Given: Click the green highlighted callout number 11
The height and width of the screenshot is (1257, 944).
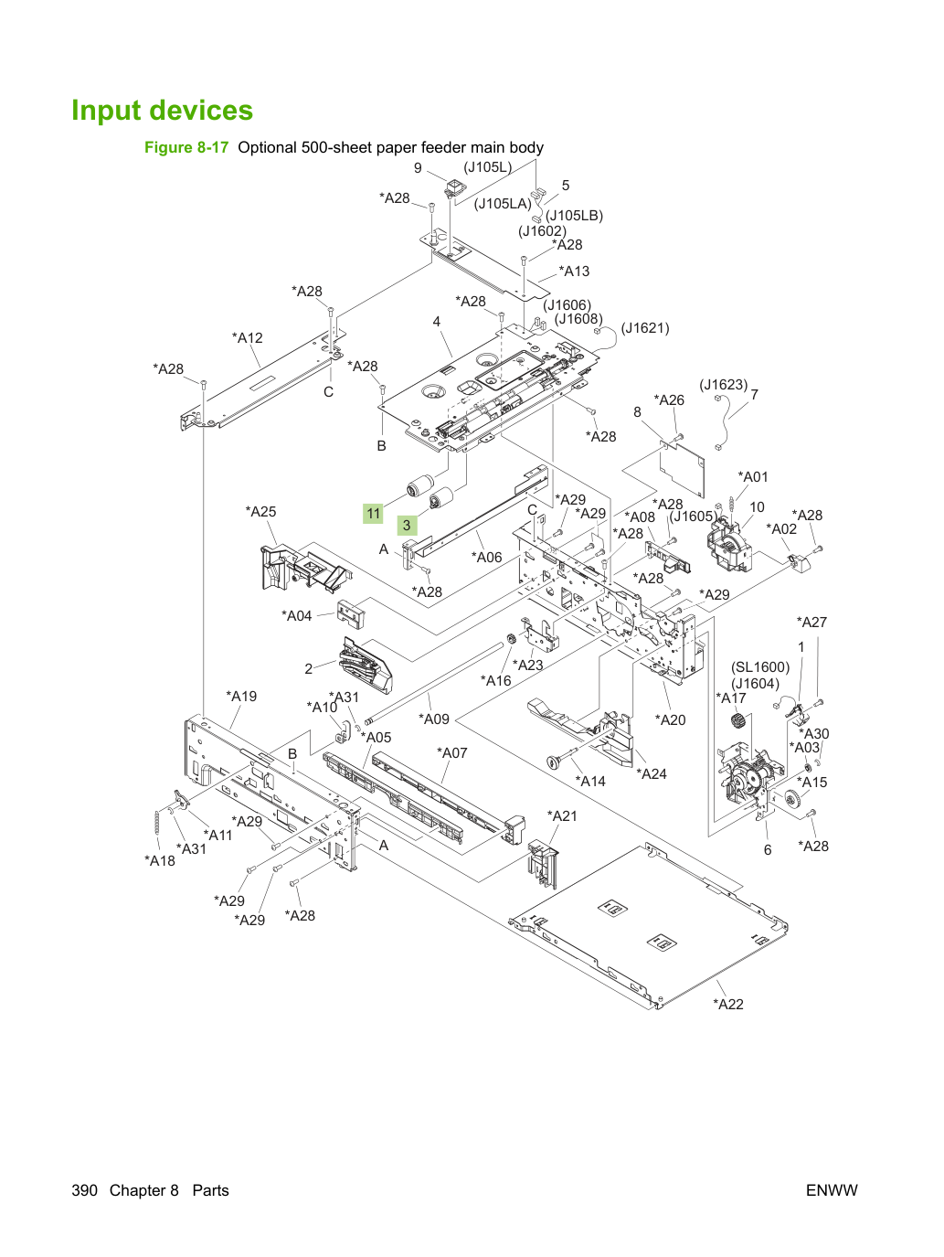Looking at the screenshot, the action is pyautogui.click(x=373, y=513).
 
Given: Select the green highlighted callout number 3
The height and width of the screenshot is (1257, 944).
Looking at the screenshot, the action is pyautogui.click(x=407, y=525).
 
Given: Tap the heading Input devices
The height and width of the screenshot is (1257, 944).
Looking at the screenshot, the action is pyautogui.click(x=162, y=110).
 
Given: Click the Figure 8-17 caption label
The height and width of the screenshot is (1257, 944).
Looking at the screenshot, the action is pyautogui.click(x=186, y=148).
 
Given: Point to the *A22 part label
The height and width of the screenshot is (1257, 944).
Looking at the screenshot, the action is pyautogui.click(x=727, y=1004).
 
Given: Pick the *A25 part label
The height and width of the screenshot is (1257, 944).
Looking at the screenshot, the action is pyautogui.click(x=260, y=511).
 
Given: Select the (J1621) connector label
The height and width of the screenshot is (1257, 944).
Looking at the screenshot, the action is pyautogui.click(x=645, y=328).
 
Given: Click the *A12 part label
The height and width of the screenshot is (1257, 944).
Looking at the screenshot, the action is pyautogui.click(x=248, y=338).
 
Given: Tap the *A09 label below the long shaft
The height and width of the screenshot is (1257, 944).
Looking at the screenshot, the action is pyautogui.click(x=433, y=719).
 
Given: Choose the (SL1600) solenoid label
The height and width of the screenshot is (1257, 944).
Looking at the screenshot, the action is pyautogui.click(x=760, y=667).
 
